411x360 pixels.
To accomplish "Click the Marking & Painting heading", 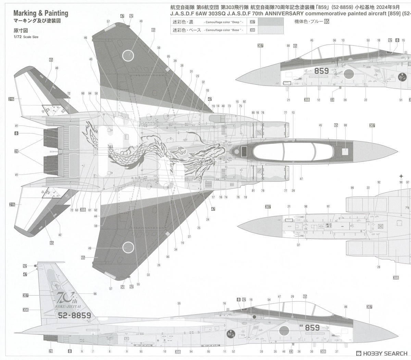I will point(41,13).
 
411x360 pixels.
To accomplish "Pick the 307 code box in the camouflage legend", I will point(252,22).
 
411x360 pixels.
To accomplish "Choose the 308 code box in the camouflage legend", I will point(252,30).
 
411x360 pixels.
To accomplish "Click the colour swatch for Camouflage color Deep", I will point(271,22).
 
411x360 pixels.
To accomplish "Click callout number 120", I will point(207,91).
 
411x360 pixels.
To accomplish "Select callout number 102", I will point(378,182).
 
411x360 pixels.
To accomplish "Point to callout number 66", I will point(95,294).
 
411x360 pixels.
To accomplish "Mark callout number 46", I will point(85,38).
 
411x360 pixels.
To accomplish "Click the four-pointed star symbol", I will point(401,176).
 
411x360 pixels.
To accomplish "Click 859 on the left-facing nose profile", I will point(321,71).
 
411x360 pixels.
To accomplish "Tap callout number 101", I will point(328,206).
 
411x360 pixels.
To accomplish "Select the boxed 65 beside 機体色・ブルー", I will point(326,21).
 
